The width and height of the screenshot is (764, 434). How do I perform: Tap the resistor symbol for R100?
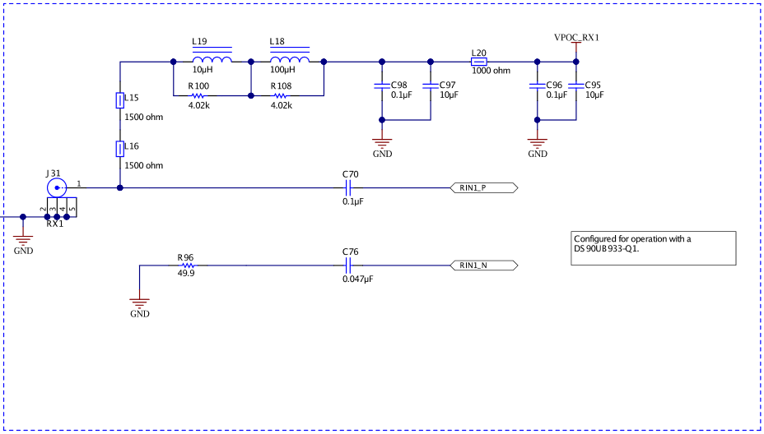click(x=198, y=95)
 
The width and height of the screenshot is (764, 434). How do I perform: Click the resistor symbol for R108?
click(x=281, y=95)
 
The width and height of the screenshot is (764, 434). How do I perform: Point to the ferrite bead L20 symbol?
click(x=478, y=62)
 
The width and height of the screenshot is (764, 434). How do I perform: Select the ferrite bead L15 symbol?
click(x=120, y=100)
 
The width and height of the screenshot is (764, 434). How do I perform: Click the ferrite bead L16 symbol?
click(x=120, y=149)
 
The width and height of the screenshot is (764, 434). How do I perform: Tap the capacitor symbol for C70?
click(x=349, y=188)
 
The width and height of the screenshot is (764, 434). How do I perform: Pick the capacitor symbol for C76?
click(x=349, y=265)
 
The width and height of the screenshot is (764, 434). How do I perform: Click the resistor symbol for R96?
click(x=186, y=265)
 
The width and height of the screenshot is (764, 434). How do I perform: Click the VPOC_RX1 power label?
click(x=576, y=39)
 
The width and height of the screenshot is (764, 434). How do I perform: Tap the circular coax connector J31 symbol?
click(x=56, y=188)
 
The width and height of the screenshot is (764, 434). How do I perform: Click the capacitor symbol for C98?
click(x=381, y=85)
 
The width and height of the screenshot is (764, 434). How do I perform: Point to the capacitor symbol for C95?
click(x=576, y=85)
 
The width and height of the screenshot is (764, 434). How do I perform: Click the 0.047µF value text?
click(x=357, y=279)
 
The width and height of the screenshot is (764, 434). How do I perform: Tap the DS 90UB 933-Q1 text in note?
click(x=606, y=249)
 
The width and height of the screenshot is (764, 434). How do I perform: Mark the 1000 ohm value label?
click(x=491, y=72)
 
